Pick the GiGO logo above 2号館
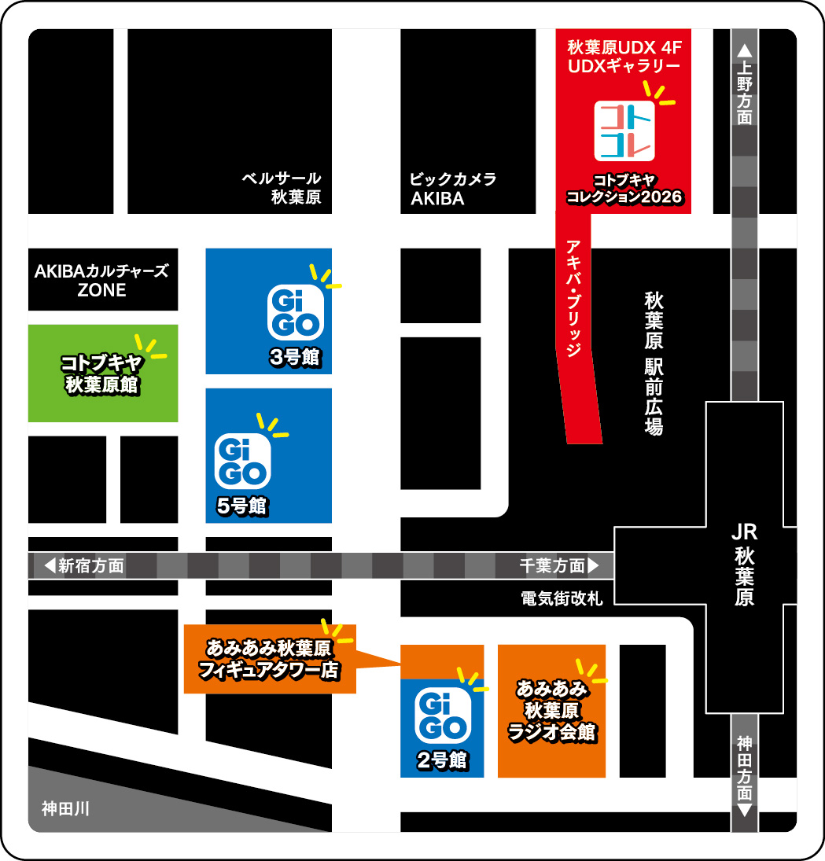tap(441, 716)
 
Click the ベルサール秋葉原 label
tap(282, 189)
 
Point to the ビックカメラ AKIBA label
tap(453, 189)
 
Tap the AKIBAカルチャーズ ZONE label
tap(102, 280)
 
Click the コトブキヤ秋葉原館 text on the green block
tap(103, 373)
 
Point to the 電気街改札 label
tap(562, 598)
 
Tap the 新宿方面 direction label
tap(83, 565)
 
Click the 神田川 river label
tap(68, 808)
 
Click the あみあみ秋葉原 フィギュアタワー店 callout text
tap(271, 660)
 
